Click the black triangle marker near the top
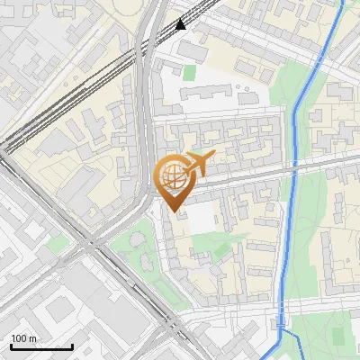coord(181,24)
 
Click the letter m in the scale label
coord(33,339)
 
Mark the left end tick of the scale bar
coord(10,346)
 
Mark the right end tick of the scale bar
coord(72,346)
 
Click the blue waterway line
coord(296,135)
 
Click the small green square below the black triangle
coord(190,72)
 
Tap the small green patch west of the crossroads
coord(59,242)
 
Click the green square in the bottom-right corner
coord(338,336)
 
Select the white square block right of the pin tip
coord(201,214)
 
